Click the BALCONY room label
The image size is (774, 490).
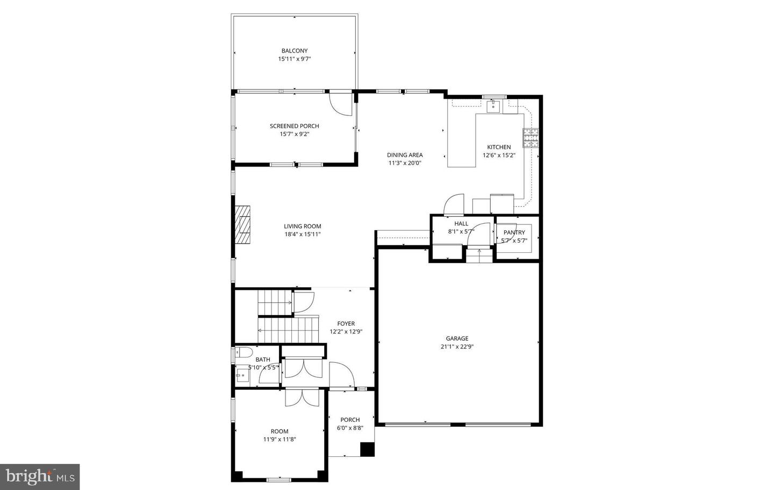pyautogui.click(x=294, y=51)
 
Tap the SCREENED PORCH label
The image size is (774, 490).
pyautogui.click(x=294, y=126)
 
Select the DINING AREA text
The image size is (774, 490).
pyautogui.click(x=405, y=155)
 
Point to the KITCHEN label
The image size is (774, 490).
pyautogui.click(x=499, y=147)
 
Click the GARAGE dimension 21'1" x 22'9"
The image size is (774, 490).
pyautogui.click(x=456, y=347)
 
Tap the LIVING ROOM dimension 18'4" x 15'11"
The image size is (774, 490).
pyautogui.click(x=303, y=235)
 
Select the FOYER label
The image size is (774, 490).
pyautogui.click(x=346, y=324)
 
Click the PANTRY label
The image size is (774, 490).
pyautogui.click(x=514, y=232)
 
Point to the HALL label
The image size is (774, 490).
pyautogui.click(x=461, y=224)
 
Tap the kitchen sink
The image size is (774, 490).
pyautogui.click(x=493, y=106)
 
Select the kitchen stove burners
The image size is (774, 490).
pyautogui.click(x=531, y=138)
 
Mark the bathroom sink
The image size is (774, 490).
pyautogui.click(x=242, y=375)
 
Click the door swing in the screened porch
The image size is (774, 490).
pyautogui.click(x=340, y=104)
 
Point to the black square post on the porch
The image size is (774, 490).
pyautogui.click(x=367, y=449)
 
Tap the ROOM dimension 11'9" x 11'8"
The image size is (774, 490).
pyautogui.click(x=279, y=439)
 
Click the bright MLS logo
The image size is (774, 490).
pyautogui.click(x=40, y=477)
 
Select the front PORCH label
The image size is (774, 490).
pyautogui.click(x=350, y=420)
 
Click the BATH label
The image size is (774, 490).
pyautogui.click(x=263, y=360)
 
